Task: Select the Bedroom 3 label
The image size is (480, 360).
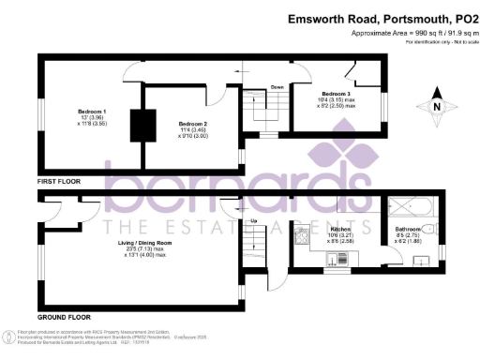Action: coord(337,94)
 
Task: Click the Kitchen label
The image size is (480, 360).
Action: coord(338,229)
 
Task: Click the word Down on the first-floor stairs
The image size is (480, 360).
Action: coord(277,87)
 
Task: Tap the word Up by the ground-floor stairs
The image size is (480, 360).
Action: coord(252,221)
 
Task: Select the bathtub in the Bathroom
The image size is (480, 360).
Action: coord(410,206)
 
